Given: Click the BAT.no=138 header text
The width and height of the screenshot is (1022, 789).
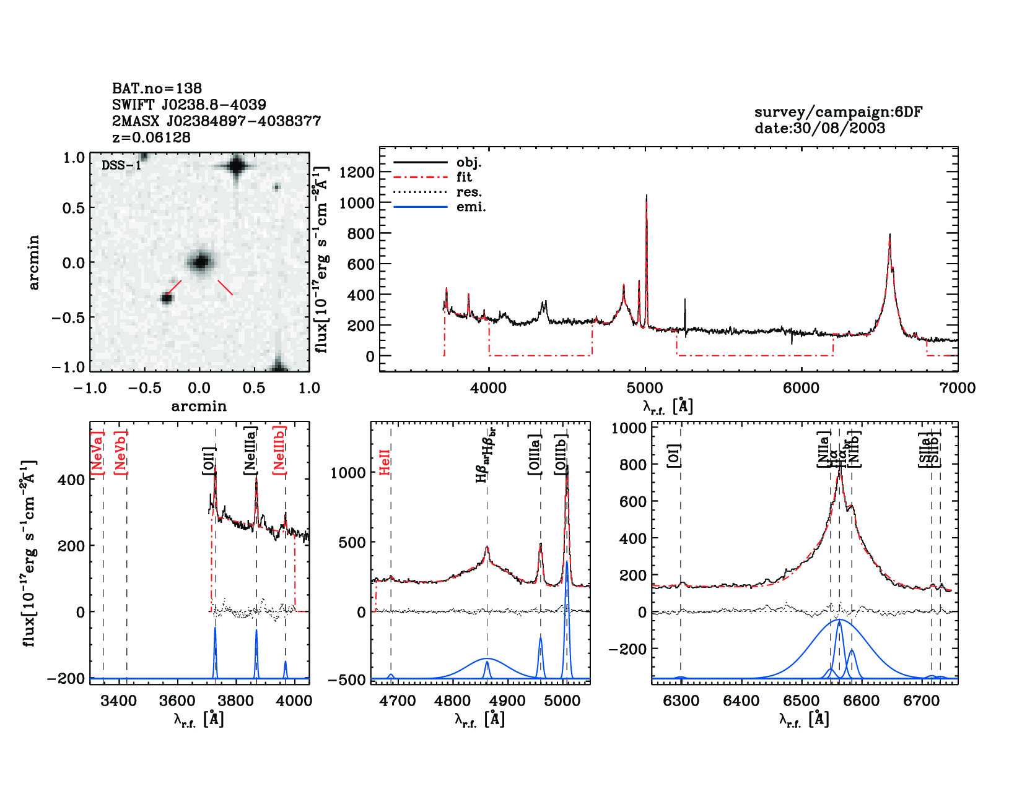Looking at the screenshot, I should pos(157,88).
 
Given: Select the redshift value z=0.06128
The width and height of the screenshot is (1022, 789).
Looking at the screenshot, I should pos(151,137).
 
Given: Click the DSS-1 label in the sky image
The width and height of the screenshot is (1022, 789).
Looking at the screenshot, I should pos(121,165).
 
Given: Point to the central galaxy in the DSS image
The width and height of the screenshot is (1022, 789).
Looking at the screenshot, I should pos(200,262).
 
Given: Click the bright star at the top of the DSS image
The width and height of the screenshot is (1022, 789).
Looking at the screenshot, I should pos(237,166).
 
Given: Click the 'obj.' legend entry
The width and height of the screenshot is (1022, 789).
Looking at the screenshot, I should pos(468,163).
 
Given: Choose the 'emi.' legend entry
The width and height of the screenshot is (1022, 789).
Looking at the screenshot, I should pos(471,207).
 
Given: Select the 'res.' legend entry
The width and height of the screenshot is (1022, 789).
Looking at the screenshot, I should pos(469,192).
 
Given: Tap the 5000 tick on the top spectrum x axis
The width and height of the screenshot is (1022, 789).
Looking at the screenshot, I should pos(645,389).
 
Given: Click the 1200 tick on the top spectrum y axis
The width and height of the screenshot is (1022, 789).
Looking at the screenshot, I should pos(357,173).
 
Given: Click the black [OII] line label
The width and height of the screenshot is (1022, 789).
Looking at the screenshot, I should pos(209,461).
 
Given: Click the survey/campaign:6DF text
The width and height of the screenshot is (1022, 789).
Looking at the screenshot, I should pos(838,113).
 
